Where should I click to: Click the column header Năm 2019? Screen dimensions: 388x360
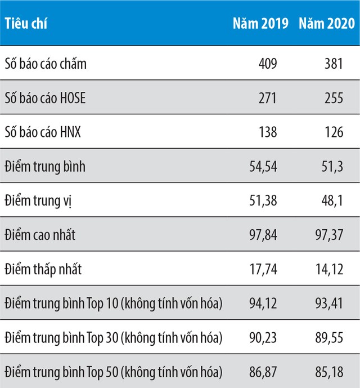point(260,23)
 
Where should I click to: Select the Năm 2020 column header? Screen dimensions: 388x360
point(327,23)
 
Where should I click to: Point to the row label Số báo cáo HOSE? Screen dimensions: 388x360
point(45,98)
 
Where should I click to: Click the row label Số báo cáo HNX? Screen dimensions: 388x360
point(42,132)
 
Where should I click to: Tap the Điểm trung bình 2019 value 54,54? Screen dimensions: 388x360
point(263,167)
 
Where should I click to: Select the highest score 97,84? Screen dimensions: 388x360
point(263,235)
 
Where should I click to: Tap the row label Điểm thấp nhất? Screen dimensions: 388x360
point(43,269)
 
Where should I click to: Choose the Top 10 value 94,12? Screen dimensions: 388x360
point(263,304)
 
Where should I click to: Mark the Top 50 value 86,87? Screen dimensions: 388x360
point(263,372)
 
